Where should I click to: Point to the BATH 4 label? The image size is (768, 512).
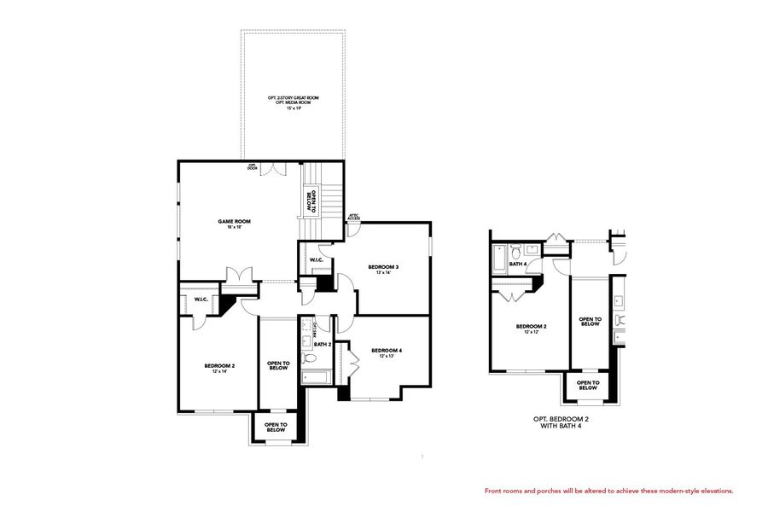tap(518, 265)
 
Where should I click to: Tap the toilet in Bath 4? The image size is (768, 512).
tap(515, 251)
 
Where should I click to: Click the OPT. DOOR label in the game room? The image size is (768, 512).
tap(253, 167)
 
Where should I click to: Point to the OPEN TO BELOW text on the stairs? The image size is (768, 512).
tap(311, 201)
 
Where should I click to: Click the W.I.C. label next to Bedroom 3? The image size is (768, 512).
tap(315, 259)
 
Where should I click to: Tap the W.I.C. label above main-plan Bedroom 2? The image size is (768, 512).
tap(201, 300)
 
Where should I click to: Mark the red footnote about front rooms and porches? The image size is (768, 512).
tap(608, 492)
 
